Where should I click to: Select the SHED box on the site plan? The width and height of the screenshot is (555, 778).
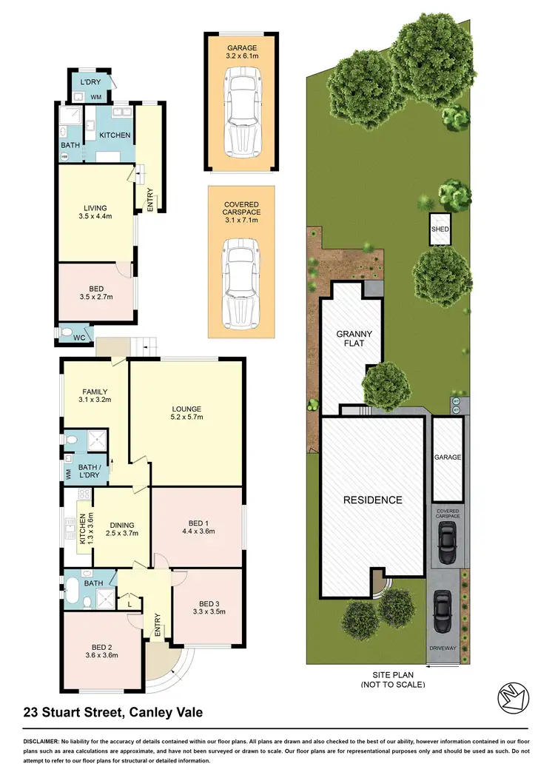pos(440,229)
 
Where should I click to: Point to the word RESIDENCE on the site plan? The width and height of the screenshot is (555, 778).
pos(372,500)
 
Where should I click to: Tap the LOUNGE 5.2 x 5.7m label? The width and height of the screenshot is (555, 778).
pos(186,413)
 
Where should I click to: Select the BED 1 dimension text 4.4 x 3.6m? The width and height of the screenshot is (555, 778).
pos(197,531)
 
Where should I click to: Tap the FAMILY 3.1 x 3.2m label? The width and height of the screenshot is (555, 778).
pos(95,397)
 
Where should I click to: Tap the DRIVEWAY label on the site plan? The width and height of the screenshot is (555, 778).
pos(444,648)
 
